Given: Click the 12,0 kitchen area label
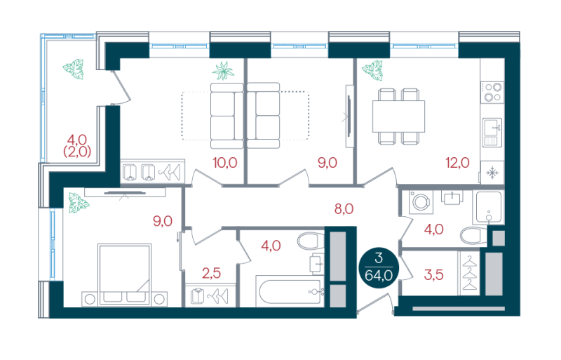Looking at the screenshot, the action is click(x=457, y=163).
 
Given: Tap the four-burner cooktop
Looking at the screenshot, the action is click(x=492, y=92).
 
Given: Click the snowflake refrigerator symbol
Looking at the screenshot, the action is click(x=492, y=173).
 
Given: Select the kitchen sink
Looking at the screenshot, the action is click(x=492, y=133).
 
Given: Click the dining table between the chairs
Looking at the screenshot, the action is click(x=398, y=116).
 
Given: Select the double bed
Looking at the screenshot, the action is click(x=124, y=275).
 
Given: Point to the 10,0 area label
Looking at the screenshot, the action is click(x=225, y=163).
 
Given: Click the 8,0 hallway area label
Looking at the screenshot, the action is click(x=344, y=208).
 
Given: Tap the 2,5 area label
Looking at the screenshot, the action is click(x=211, y=273).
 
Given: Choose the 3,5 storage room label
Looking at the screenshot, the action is click(x=433, y=275).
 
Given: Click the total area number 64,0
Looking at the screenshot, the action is click(x=379, y=276).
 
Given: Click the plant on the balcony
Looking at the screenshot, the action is click(x=74, y=69).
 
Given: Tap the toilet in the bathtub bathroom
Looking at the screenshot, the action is click(x=310, y=241).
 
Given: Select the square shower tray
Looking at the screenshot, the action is click(x=488, y=207).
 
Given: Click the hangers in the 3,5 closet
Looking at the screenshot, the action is click(x=469, y=273).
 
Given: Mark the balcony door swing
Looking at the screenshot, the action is click(x=121, y=88).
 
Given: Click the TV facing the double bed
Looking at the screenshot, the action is click(x=125, y=193).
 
